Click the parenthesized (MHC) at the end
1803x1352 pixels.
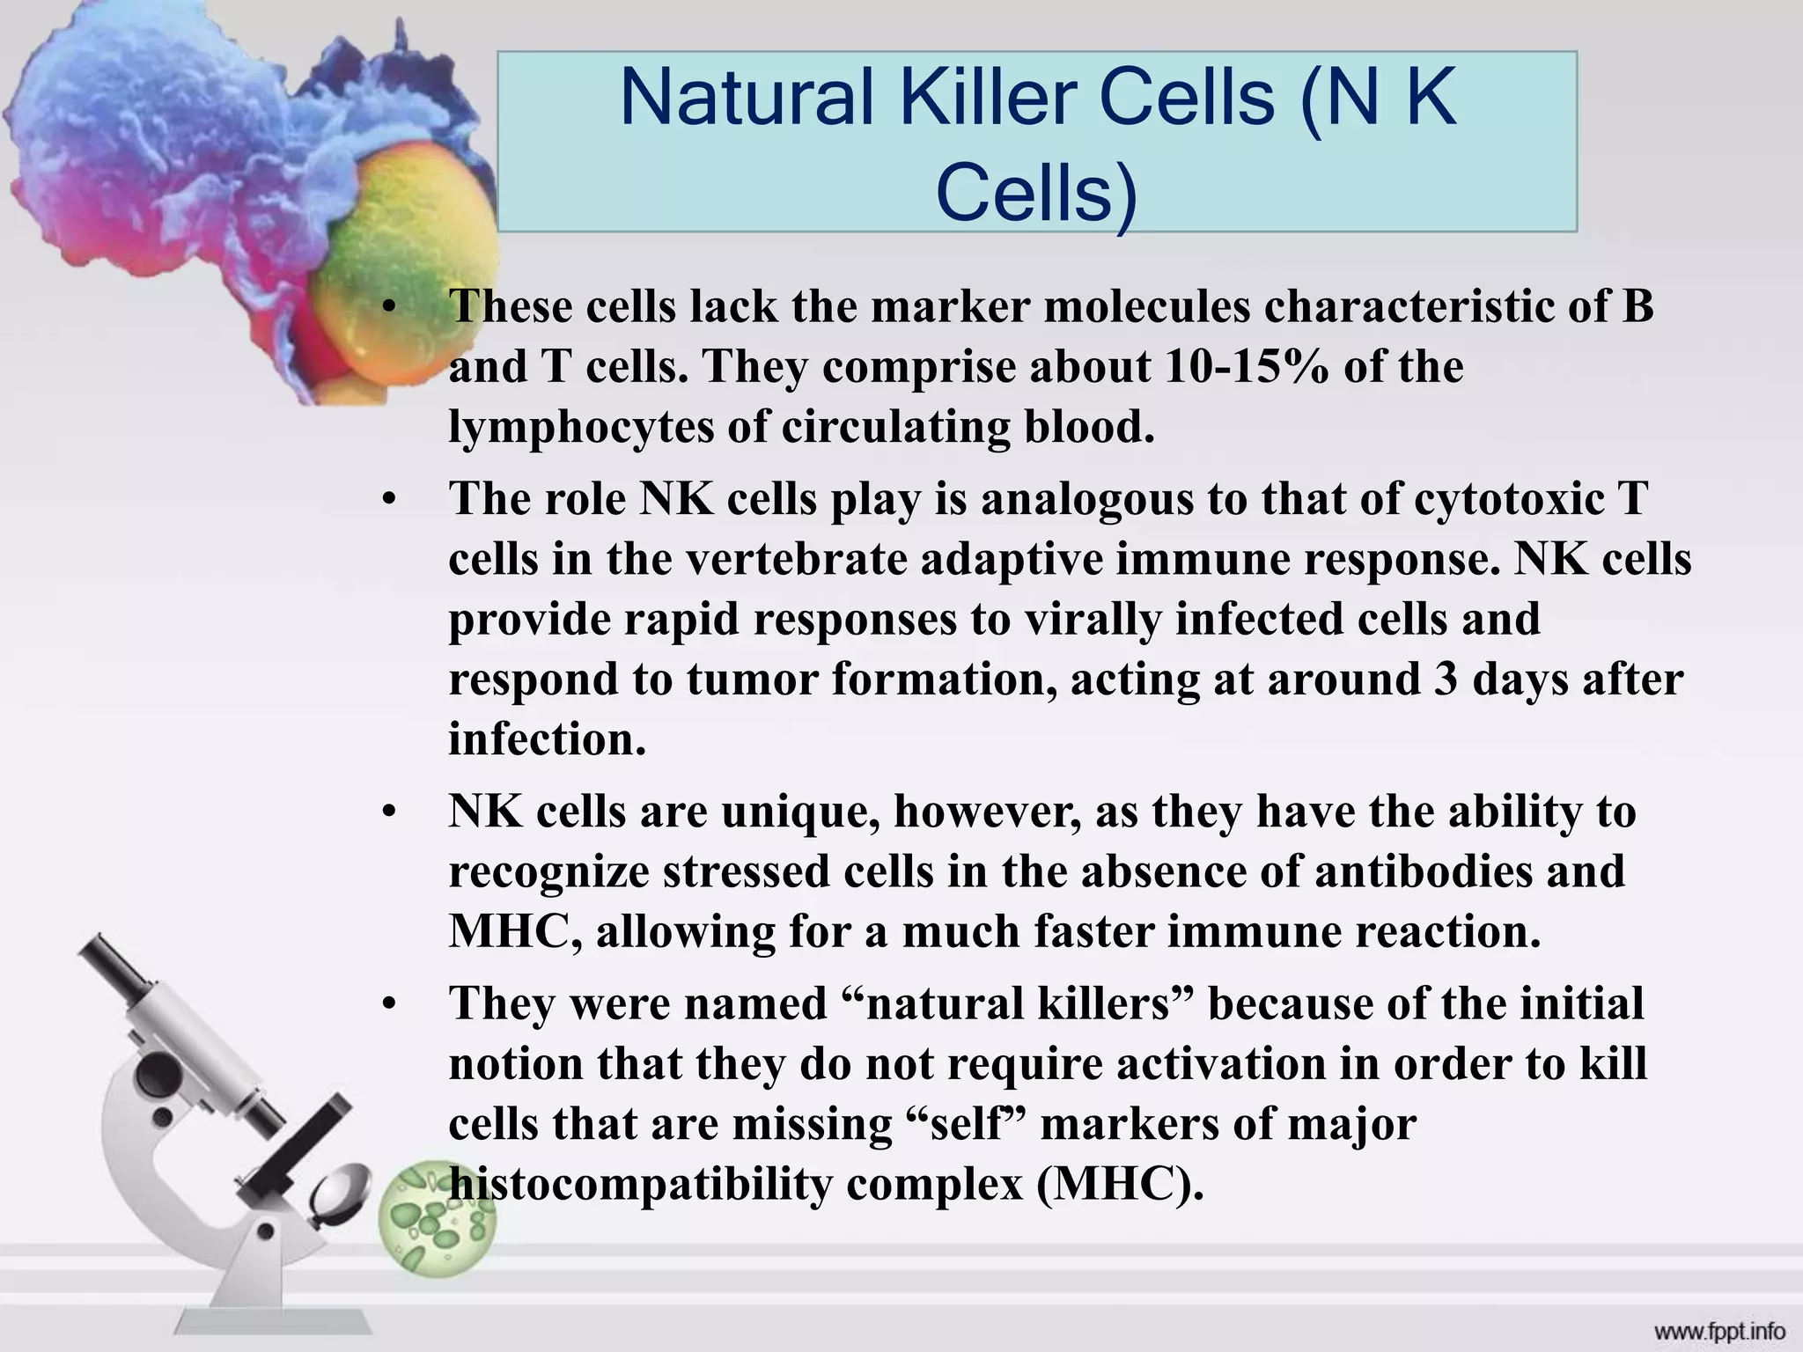pyautogui.click(x=1119, y=1185)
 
